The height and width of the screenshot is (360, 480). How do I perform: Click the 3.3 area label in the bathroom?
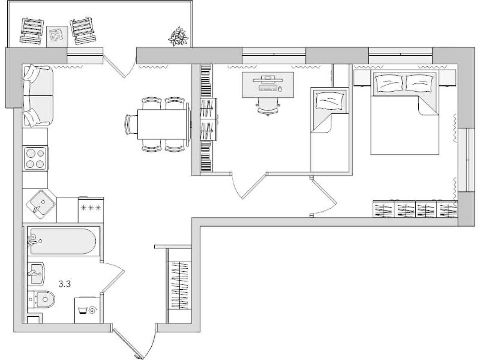coord(65,284)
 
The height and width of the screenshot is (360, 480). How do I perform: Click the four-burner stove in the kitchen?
coord(35,158)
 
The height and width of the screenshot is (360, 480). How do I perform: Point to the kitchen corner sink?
coord(40,203)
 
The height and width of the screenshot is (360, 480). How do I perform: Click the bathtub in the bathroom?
coord(62,241)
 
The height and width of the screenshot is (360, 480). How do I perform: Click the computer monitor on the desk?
coord(268,78)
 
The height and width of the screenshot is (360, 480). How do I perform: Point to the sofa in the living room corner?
coord(38,96)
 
